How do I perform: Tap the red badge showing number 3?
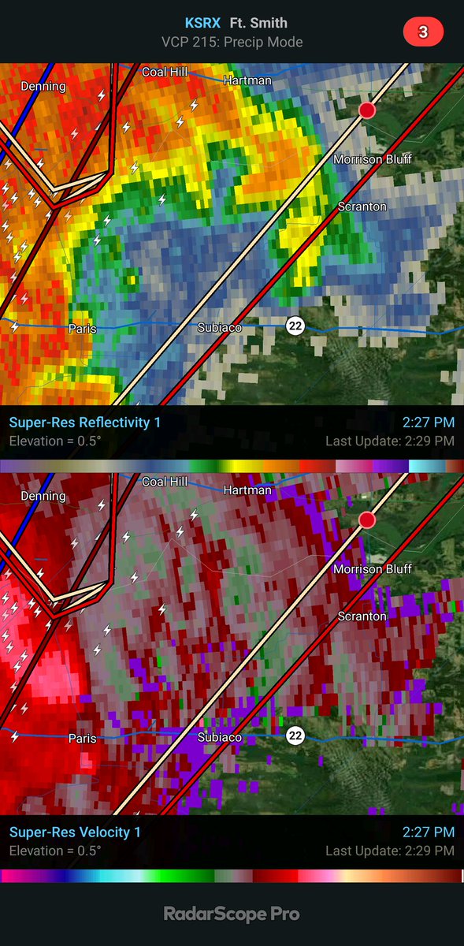423,32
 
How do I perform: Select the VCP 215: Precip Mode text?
232,42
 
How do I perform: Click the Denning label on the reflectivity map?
43,87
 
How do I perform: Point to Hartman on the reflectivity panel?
247,80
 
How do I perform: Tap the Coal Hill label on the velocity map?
165,481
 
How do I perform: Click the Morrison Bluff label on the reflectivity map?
373,159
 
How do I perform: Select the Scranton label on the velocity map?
362,616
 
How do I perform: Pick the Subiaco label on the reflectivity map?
219,327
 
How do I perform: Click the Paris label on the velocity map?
82,739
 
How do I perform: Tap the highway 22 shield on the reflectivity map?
295,326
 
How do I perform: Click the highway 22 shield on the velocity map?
295,736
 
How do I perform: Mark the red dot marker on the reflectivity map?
366,110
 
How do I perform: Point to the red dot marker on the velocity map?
366,520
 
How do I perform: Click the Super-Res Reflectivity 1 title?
85,423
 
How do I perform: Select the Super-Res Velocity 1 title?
76,832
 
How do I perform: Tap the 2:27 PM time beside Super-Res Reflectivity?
429,423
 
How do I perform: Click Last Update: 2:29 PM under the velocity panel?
390,851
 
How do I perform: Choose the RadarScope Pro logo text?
232,914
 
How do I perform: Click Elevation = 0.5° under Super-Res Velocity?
55,851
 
